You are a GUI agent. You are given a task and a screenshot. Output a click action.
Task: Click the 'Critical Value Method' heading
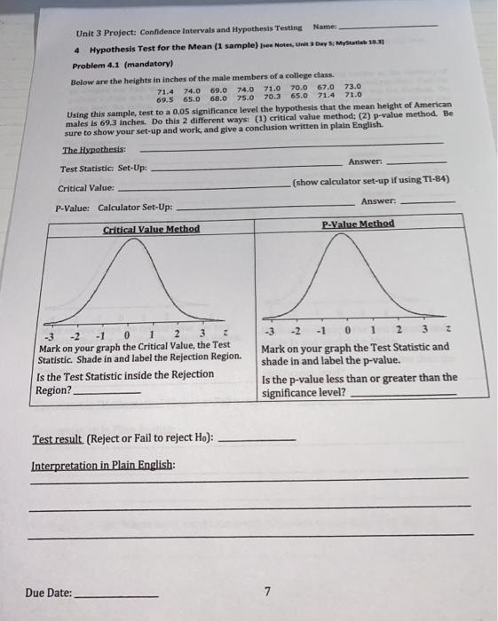(x=151, y=229)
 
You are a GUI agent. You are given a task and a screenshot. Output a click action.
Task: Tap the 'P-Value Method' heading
(x=358, y=224)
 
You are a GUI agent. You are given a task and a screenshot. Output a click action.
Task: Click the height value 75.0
(x=245, y=98)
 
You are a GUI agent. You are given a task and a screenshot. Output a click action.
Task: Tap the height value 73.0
(x=352, y=86)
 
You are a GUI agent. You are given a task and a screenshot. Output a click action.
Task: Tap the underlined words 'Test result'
(x=58, y=439)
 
